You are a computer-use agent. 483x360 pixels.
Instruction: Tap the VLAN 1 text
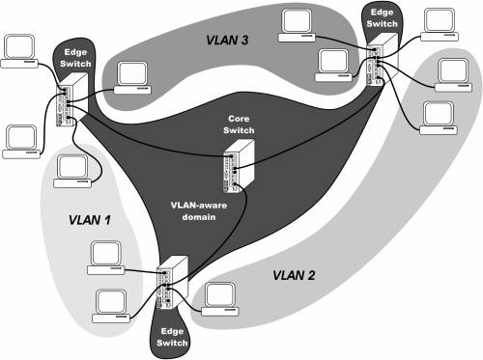[90, 219]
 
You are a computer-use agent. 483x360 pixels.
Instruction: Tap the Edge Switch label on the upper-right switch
[377, 18]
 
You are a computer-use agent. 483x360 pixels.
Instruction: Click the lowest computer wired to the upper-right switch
[443, 114]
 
